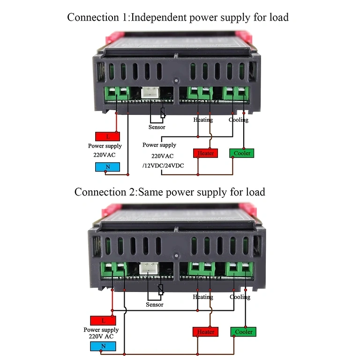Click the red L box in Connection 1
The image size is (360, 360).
click(x=107, y=136)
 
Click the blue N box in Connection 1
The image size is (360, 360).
click(x=107, y=167)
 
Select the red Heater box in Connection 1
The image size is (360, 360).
click(x=205, y=153)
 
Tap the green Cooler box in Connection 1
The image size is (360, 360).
click(x=241, y=153)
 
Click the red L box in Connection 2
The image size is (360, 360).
click(x=103, y=321)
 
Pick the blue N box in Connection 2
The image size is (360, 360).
click(x=103, y=346)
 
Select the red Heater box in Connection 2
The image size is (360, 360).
click(x=205, y=332)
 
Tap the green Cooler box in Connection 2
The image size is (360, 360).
click(x=243, y=332)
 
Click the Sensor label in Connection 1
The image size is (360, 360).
click(x=157, y=127)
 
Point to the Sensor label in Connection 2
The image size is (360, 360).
click(x=154, y=305)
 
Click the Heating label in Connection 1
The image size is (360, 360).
click(x=203, y=120)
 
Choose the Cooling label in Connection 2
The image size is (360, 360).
click(x=240, y=297)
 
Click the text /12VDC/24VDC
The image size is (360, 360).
click(x=163, y=166)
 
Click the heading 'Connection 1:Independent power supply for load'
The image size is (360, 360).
click(x=178, y=17)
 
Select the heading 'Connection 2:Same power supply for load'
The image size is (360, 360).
click(x=170, y=192)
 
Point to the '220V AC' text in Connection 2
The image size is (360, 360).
click(x=101, y=336)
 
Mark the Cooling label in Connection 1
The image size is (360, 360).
click(x=239, y=120)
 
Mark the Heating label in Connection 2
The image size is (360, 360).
click(x=203, y=297)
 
